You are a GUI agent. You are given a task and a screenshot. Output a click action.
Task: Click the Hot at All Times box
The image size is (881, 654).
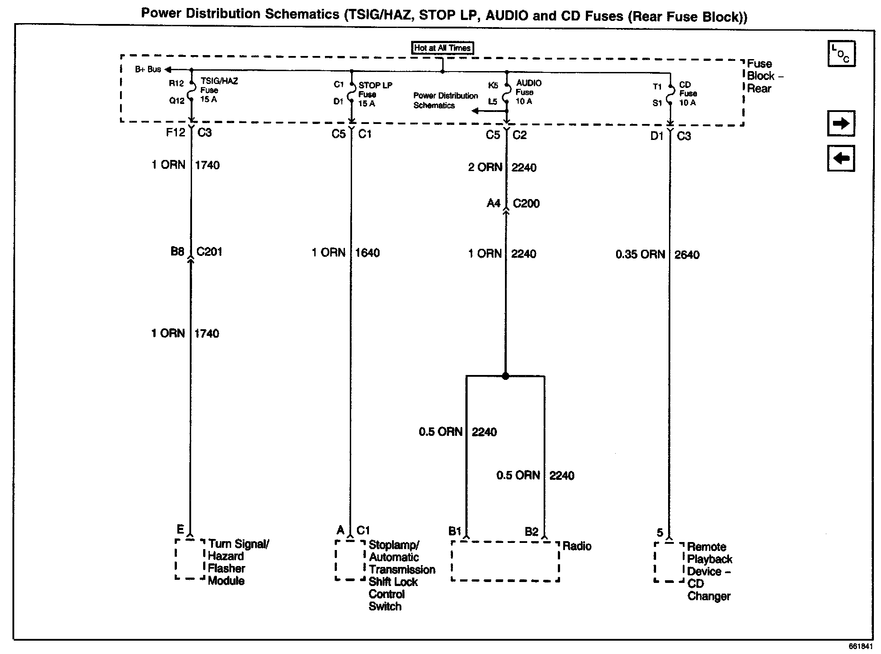[x=442, y=48]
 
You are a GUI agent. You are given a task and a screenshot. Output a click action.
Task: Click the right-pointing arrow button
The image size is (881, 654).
[x=841, y=124]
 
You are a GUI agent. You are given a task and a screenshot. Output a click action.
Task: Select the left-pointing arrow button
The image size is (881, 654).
[x=841, y=159]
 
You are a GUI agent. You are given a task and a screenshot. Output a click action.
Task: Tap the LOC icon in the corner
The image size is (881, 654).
[x=841, y=54]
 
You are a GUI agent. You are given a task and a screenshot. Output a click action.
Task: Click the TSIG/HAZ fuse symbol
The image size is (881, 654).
[x=192, y=92]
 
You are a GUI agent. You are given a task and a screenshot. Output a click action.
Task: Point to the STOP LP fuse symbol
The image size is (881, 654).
[x=351, y=93]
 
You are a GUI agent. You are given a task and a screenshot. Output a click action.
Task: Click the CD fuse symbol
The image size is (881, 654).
[x=670, y=94]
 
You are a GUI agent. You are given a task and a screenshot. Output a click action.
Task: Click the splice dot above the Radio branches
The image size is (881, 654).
[x=505, y=376]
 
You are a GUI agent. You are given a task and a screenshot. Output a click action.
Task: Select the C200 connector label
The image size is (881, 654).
[x=526, y=203]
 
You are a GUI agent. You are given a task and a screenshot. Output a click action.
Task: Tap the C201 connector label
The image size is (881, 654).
[x=209, y=251]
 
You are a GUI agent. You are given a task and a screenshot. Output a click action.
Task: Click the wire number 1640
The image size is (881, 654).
[x=367, y=253]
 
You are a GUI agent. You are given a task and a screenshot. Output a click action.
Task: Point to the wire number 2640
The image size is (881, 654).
[x=687, y=255]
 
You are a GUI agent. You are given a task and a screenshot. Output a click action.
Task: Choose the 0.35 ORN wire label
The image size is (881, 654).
[x=640, y=255]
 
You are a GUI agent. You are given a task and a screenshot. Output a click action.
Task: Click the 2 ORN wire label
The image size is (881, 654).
[x=485, y=167]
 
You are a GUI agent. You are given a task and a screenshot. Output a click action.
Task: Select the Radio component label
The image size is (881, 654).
[x=577, y=546]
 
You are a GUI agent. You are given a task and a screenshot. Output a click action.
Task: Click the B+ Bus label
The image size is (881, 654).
[x=148, y=70]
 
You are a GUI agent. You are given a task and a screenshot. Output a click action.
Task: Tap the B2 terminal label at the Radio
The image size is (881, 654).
[x=532, y=532]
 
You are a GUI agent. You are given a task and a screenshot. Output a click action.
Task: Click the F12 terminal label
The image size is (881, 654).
[x=175, y=132]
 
